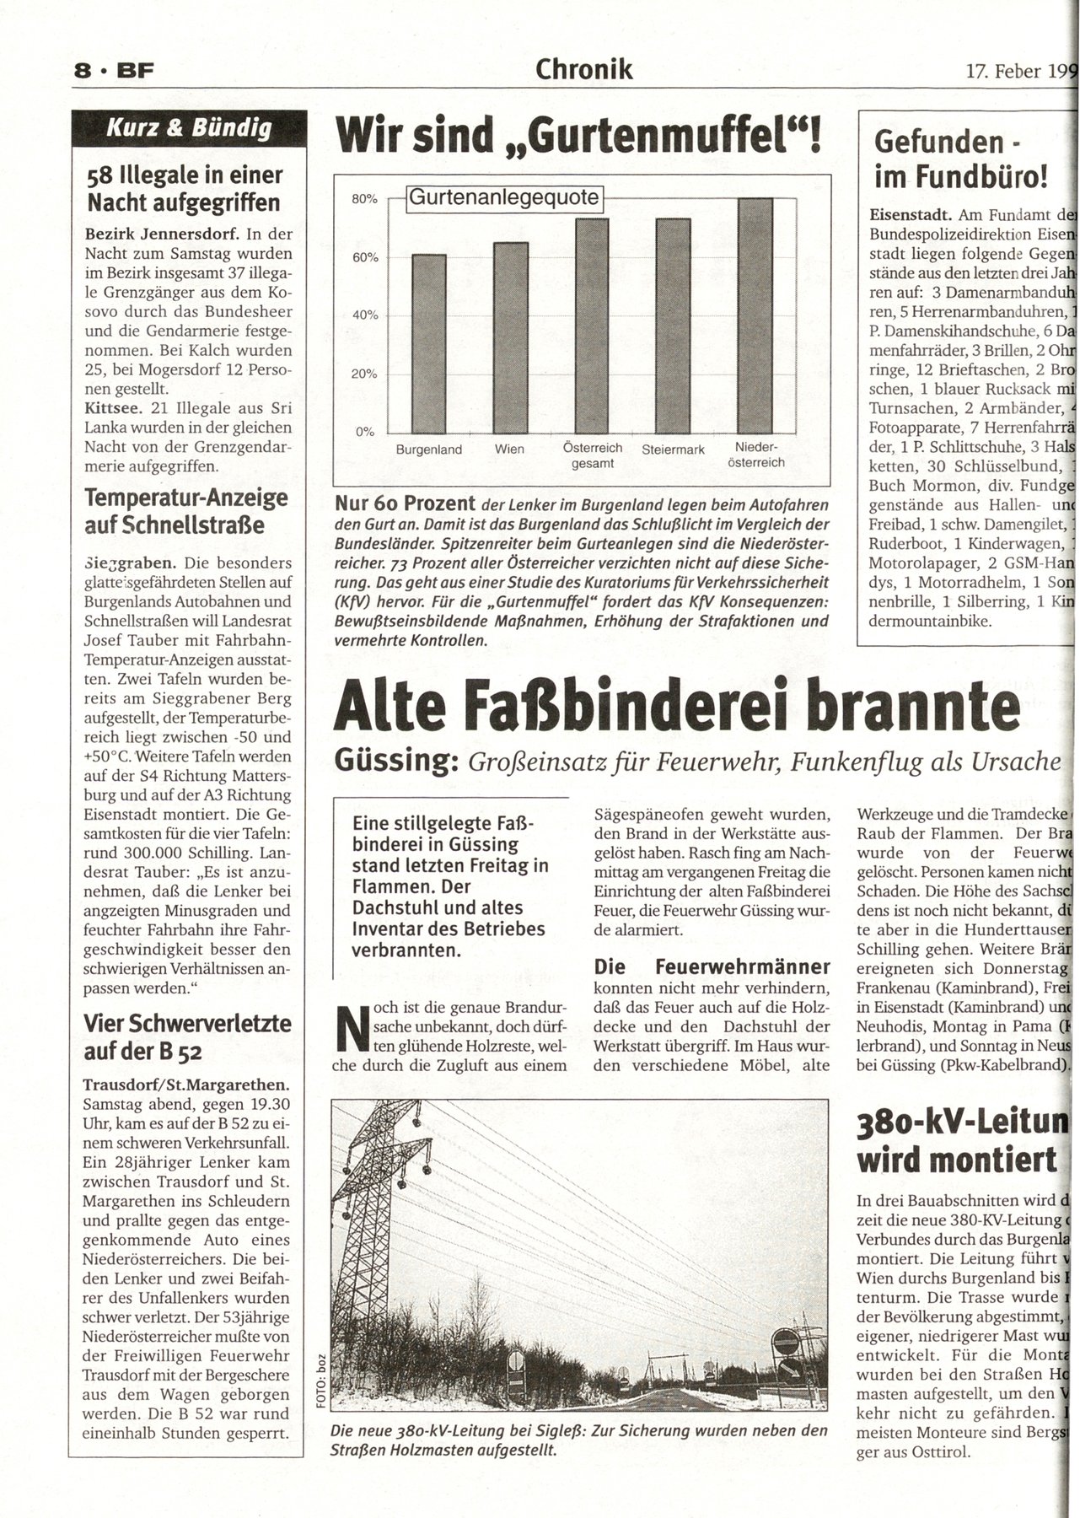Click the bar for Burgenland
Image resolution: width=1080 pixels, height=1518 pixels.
pos(428,343)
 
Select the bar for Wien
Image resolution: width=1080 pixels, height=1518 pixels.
pos(510,337)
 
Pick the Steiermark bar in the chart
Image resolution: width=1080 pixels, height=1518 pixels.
pos(673,326)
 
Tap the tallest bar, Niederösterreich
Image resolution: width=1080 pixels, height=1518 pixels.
pos(755,315)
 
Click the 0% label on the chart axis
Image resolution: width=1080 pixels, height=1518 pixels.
pos(365,432)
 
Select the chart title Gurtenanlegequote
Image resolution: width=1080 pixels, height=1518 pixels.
pos(504,198)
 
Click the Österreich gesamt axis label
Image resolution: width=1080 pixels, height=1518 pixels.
pos(592,455)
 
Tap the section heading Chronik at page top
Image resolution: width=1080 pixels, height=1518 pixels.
pos(584,69)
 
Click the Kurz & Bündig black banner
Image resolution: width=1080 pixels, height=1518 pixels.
pos(188,129)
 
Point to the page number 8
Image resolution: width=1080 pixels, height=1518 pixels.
pos(83,73)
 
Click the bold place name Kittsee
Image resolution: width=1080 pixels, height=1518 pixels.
pos(114,409)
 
